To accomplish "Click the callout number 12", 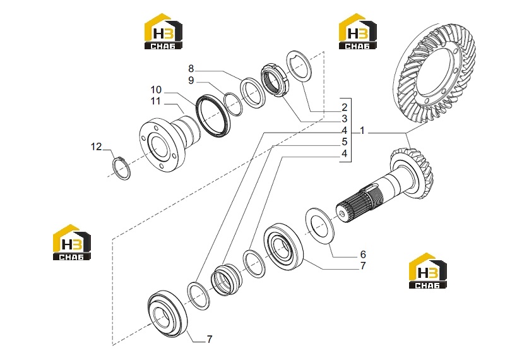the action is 96,147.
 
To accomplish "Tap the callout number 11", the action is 155,101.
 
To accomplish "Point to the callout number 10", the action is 156,90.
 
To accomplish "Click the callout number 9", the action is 191,80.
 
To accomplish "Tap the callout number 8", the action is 191,69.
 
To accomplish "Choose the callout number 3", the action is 344,119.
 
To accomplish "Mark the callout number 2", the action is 344,107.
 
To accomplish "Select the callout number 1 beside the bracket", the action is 362,131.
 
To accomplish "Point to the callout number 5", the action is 344,141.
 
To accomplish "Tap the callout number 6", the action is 363,255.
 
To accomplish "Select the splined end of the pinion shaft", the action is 358,207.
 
